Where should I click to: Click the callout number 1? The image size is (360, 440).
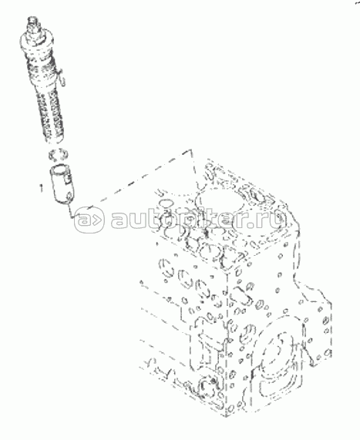tap(42, 188)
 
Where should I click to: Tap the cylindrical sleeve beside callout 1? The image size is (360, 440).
tap(61, 185)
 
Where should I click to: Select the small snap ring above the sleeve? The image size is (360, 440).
tap(58, 155)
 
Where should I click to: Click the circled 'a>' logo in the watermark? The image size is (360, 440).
tap(89, 220)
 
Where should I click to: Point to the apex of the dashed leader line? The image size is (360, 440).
tap(191, 150)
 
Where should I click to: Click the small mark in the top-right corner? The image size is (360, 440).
tap(357, 2)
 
